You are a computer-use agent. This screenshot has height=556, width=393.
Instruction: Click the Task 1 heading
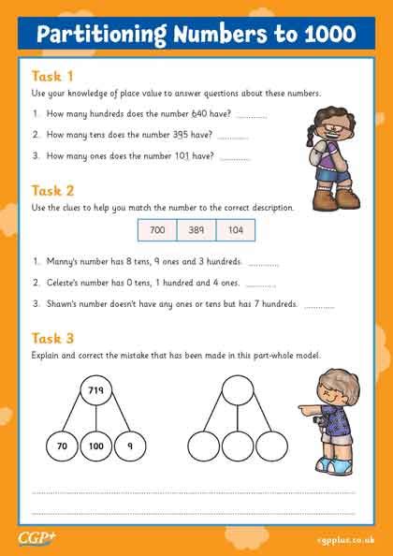[x=52, y=76]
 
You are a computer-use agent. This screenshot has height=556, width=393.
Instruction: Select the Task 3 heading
[x=52, y=338]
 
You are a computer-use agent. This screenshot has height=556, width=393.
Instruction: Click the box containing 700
[x=156, y=229]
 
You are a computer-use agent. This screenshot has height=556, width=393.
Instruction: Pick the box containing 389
[x=196, y=229]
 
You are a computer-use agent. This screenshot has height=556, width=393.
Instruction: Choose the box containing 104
[x=235, y=229]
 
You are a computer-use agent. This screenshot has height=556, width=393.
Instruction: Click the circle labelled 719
[x=96, y=388]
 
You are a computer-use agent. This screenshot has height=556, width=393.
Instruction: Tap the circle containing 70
[x=62, y=446]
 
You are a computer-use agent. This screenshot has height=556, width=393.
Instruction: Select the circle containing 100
[x=95, y=446]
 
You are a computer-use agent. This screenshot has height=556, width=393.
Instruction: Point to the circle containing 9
[x=130, y=446]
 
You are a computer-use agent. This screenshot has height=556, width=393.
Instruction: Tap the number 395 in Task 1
[x=196, y=136]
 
